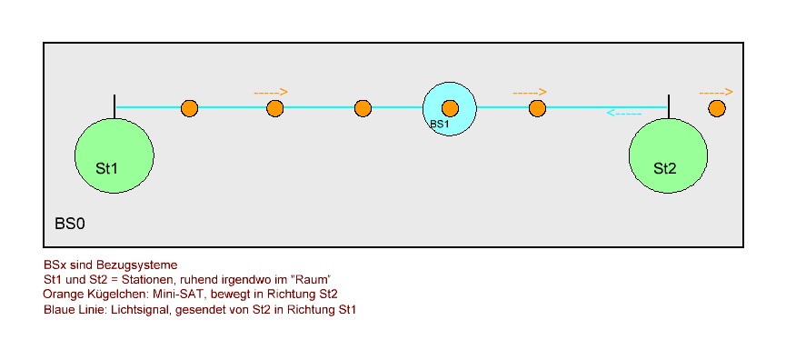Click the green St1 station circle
114,155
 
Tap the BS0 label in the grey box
71,222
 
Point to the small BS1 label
439,124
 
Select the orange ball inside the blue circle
450,108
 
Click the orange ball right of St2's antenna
717,108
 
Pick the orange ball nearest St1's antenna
189,108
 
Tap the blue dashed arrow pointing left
624,114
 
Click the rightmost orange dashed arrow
716,92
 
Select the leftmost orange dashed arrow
271,92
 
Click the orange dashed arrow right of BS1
530,92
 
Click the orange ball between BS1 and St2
537,108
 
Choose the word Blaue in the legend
59,310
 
